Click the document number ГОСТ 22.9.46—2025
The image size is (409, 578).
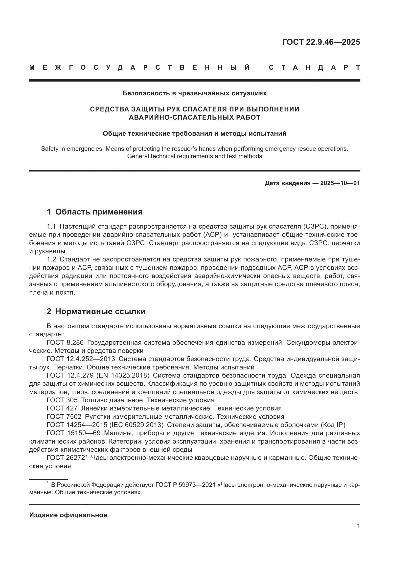pyautogui.click(x=321, y=42)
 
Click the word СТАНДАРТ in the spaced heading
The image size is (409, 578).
pyautogui.click(x=314, y=67)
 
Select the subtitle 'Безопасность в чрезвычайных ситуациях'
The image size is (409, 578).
pyautogui.click(x=194, y=93)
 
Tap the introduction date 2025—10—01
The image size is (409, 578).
pyautogui.click(x=340, y=183)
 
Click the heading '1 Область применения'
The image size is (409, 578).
pyautogui.click(x=94, y=212)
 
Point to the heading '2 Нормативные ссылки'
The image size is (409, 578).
pyautogui.click(x=96, y=311)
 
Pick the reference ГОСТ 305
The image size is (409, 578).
pyautogui.click(x=62, y=400)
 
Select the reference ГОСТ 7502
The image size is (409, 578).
pyautogui.click(x=64, y=416)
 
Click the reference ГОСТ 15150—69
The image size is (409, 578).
pyautogui.click(x=73, y=433)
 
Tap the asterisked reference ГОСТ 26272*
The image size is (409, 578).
pyautogui.click(x=67, y=457)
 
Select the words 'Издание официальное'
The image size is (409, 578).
pyautogui.click(x=68, y=515)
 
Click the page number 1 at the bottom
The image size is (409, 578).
pyautogui.click(x=358, y=526)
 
